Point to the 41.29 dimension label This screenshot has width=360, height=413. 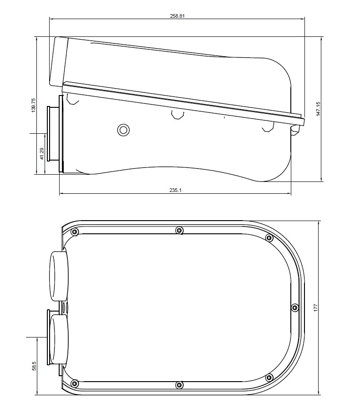pos(41,154)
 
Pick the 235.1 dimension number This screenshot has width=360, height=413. pos(175,190)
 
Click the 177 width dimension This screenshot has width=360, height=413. pos(315,307)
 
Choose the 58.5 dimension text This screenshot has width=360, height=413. pos(34,366)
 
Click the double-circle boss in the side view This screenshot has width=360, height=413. pos(123,130)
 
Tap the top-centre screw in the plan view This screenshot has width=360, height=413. pos(179,231)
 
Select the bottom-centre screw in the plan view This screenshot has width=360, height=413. pos(179,385)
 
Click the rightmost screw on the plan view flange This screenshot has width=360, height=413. pos(294,308)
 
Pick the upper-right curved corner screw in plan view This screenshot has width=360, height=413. pos(269,238)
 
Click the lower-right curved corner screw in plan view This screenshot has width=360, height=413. pos(269,377)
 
